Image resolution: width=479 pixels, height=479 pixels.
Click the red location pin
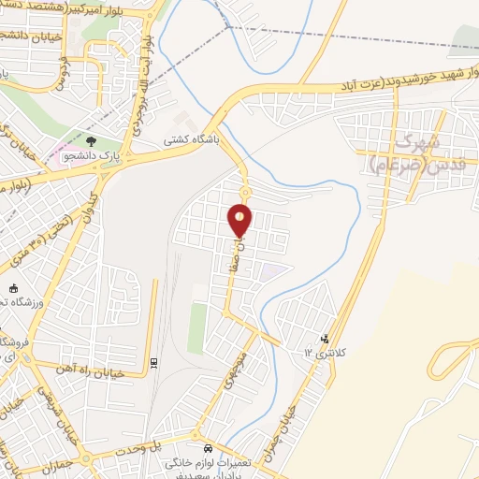240,219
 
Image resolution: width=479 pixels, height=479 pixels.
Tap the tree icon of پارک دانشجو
92,142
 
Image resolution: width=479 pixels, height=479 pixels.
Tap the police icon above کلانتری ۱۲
325,339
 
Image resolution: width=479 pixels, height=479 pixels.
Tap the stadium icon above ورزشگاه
13,288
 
